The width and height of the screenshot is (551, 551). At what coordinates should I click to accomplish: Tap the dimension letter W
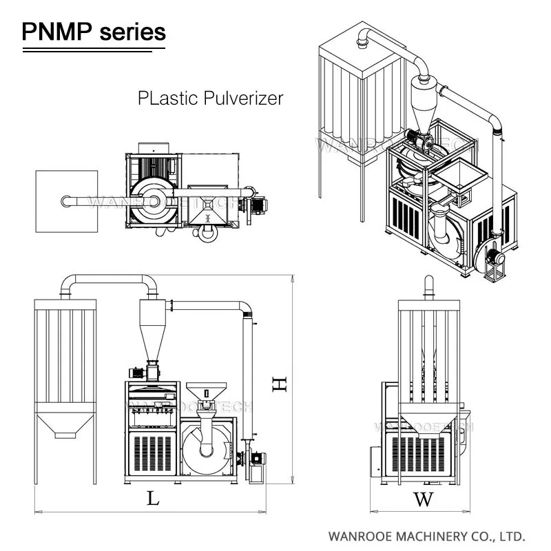coord(424,499)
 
